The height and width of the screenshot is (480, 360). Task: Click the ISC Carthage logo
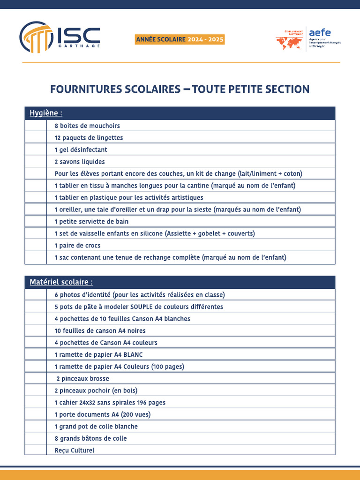(x=60, y=37)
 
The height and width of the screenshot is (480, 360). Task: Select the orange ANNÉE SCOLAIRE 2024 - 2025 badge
(x=180, y=40)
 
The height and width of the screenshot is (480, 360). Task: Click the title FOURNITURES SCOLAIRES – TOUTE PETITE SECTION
(x=180, y=89)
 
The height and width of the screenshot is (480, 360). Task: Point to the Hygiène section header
(x=46, y=113)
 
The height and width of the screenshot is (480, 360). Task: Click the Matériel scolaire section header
(x=61, y=282)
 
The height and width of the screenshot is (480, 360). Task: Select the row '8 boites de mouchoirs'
(x=87, y=126)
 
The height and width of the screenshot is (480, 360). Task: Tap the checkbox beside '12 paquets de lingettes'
(x=36, y=138)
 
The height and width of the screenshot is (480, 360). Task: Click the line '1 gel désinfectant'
(x=81, y=150)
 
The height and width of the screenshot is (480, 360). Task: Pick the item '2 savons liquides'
(x=80, y=162)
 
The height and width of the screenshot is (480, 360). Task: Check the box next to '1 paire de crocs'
(x=36, y=246)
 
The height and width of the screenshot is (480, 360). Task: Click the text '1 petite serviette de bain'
(x=91, y=221)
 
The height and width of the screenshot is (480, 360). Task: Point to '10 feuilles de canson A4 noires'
(x=100, y=330)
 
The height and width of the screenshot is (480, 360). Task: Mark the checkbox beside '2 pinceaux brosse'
(x=36, y=379)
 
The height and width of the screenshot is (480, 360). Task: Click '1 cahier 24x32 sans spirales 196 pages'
(x=110, y=403)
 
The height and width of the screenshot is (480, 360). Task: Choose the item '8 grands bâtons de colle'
(x=90, y=438)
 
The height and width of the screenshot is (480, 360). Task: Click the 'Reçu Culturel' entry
(x=74, y=450)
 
